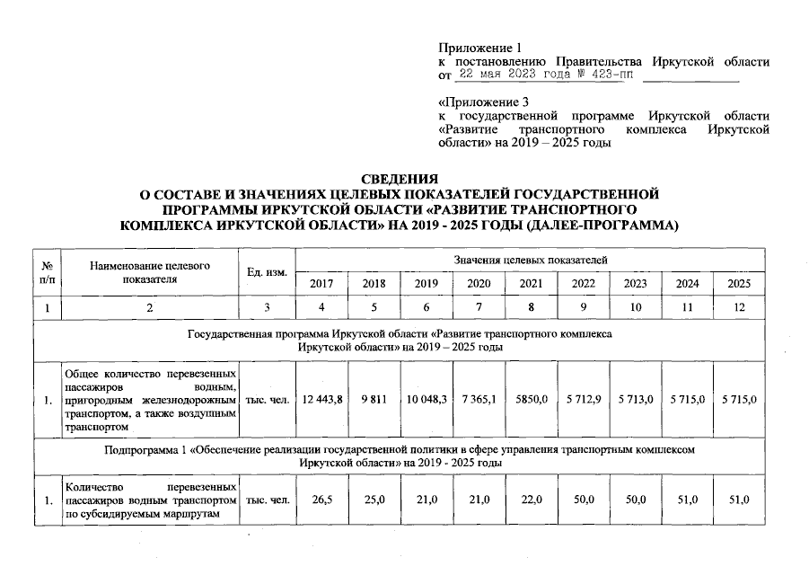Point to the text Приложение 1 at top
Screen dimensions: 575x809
coord(479,48)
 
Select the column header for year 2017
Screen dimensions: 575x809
coord(321,284)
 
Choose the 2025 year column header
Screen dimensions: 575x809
coord(739,284)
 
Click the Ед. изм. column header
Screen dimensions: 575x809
coord(266,271)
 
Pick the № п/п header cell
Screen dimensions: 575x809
coord(46,271)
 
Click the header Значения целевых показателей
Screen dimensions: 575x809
coord(530,259)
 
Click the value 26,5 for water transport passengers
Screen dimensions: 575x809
coord(321,500)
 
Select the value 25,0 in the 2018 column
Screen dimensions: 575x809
coord(374,500)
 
